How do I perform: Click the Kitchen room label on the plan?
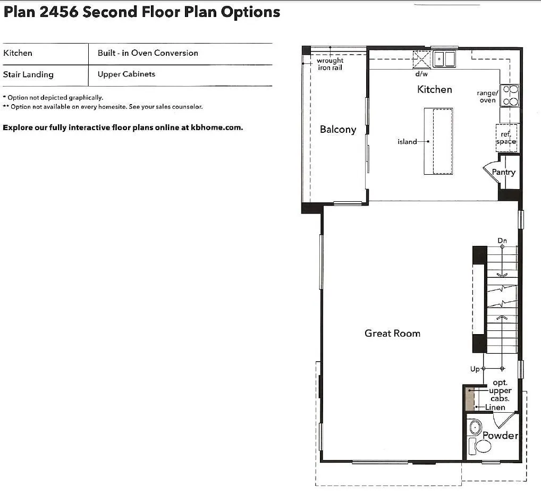[434, 90]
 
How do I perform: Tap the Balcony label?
[338, 130]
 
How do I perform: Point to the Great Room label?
[392, 333]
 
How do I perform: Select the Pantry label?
[503, 172]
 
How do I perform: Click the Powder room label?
[500, 436]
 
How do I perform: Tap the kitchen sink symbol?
[444, 59]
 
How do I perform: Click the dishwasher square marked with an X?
[421, 59]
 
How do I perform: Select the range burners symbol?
[509, 95]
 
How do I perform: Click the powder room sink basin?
[475, 428]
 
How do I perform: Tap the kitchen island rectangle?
[438, 141]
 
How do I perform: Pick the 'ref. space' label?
[506, 138]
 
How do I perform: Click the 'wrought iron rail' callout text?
[330, 64]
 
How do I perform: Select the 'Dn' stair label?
[502, 241]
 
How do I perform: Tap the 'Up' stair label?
[475, 369]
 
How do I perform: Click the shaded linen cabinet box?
[470, 399]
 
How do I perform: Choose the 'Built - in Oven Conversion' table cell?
[148, 53]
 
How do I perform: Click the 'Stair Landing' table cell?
[28, 74]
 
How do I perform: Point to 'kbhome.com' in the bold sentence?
[217, 127]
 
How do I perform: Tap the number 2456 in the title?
[58, 12]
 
